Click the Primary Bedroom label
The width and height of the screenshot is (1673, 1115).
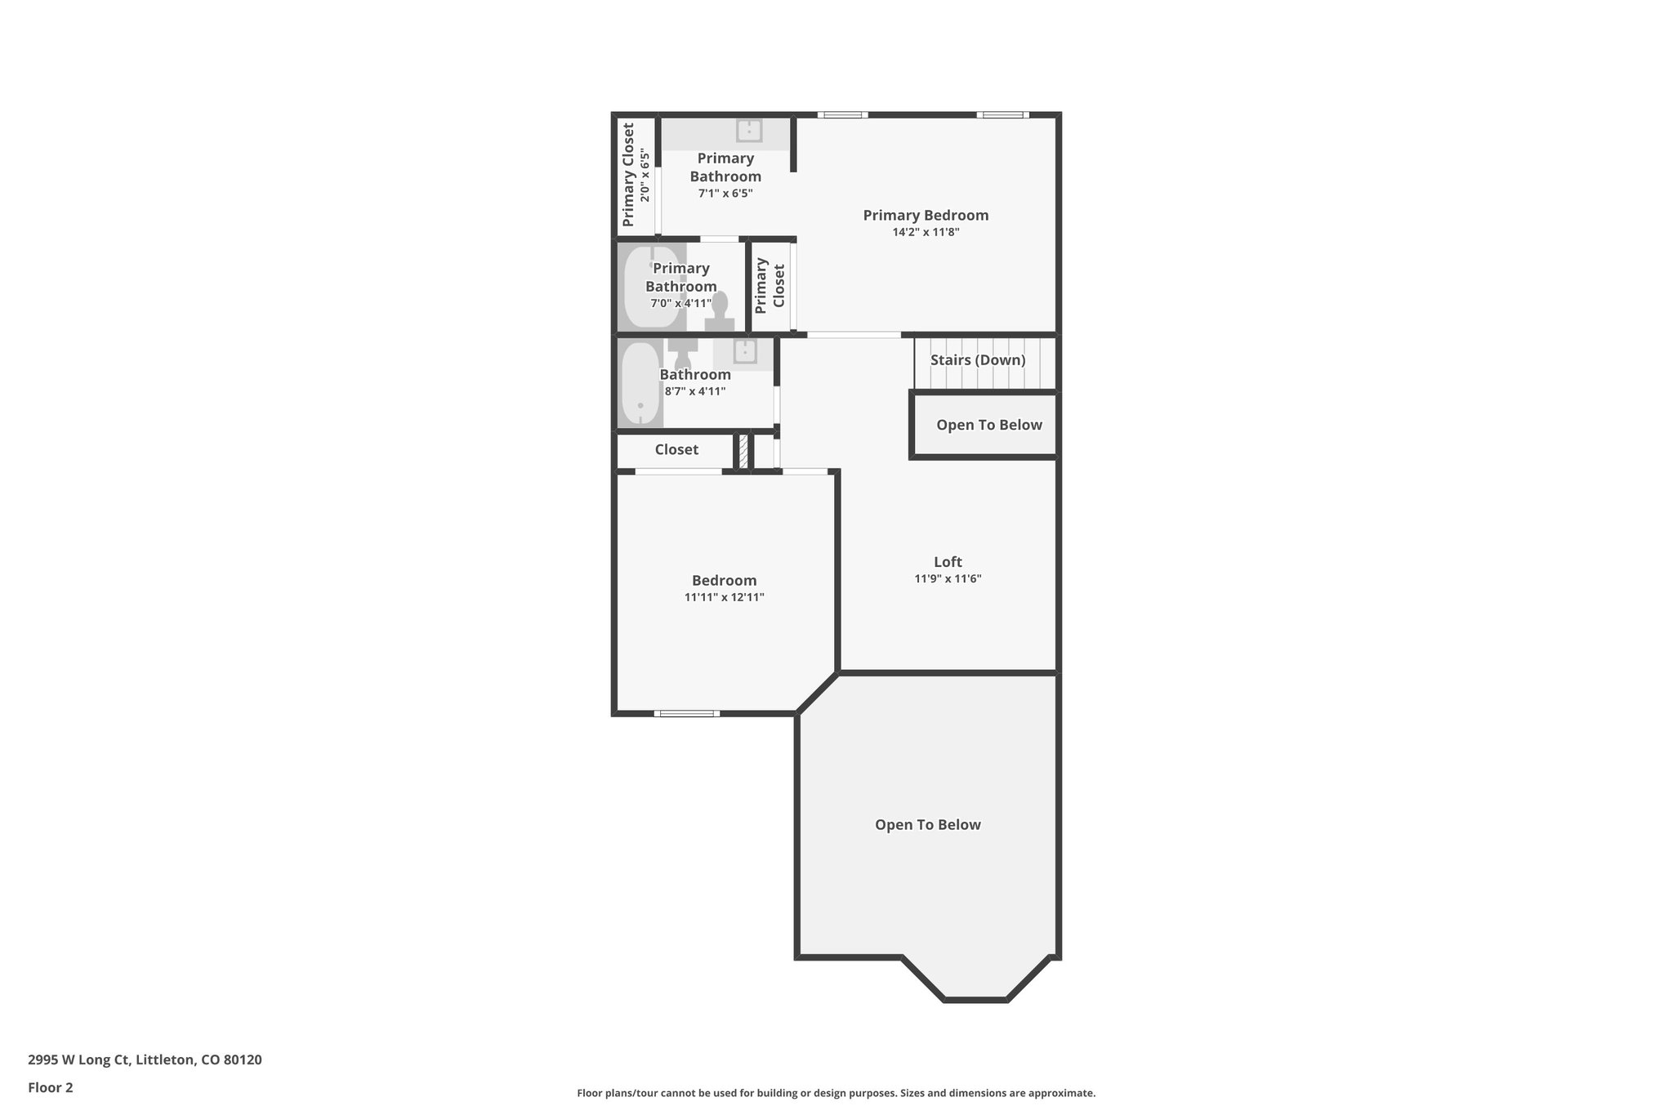tap(926, 216)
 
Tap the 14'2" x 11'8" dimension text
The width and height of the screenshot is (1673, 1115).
tap(926, 233)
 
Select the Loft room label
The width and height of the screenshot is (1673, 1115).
tap(948, 562)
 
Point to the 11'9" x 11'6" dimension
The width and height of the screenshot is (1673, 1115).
tap(948, 579)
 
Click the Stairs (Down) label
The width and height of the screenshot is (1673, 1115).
tap(978, 360)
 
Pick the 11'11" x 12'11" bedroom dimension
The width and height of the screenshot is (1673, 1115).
tap(724, 598)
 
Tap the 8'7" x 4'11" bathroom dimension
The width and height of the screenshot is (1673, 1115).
tap(695, 392)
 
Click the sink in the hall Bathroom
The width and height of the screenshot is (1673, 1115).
tap(745, 352)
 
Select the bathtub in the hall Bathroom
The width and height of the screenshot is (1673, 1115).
tap(640, 384)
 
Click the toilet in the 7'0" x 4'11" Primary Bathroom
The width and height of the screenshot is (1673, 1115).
tap(720, 311)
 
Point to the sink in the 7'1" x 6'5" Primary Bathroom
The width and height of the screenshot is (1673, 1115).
tap(749, 131)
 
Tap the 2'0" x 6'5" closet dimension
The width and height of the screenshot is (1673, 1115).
tap(645, 176)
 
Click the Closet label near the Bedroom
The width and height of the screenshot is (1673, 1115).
tap(676, 450)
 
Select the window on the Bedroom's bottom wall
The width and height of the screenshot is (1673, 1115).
tap(687, 714)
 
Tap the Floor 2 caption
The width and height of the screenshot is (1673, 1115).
tap(51, 1088)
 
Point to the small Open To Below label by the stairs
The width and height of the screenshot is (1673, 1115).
tap(988, 426)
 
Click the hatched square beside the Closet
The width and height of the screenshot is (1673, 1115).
tap(743, 452)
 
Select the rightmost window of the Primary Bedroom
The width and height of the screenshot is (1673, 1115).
tap(1002, 115)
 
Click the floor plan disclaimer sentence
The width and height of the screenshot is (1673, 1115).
tap(836, 1093)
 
